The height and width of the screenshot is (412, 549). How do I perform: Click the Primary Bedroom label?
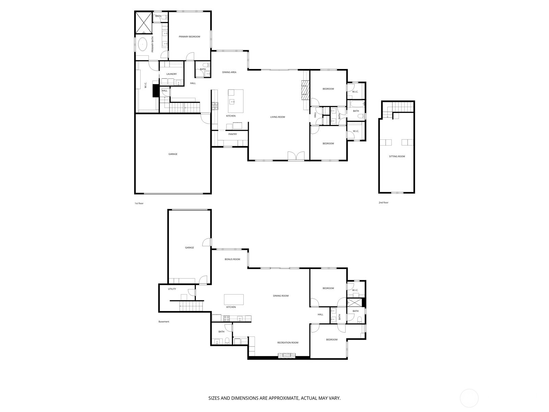coord(189,37)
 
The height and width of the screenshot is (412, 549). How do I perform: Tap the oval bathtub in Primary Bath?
coord(143,45)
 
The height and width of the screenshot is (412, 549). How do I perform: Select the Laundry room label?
coord(172,74)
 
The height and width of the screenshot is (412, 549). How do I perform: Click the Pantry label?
coord(233,134)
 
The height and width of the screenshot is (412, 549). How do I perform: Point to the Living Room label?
coord(278,117)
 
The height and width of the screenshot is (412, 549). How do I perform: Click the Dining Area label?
coord(229,72)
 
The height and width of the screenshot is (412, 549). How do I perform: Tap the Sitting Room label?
coord(397,157)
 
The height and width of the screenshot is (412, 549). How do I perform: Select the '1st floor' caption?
coord(139,204)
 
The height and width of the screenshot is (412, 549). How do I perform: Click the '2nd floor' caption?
coord(383,203)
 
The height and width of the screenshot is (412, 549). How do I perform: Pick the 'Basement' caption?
coord(164,322)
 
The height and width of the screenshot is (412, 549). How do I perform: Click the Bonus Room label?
coord(232,259)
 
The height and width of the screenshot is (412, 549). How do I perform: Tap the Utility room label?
coord(172,289)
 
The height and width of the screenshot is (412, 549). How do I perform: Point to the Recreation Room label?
coord(288,343)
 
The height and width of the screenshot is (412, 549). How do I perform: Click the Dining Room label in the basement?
coord(281,296)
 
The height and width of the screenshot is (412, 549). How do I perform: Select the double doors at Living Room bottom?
coord(296,156)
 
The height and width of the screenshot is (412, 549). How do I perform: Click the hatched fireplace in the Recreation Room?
coord(286,356)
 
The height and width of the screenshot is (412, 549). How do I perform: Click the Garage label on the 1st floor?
coord(173,154)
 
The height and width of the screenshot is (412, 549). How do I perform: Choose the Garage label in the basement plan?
coord(189,248)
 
